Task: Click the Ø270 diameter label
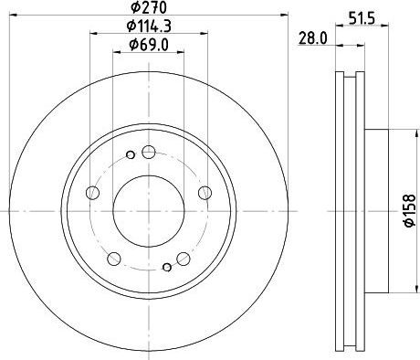click(149, 7)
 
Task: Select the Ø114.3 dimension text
click(149, 26)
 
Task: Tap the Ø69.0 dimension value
click(149, 45)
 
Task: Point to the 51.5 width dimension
click(362, 19)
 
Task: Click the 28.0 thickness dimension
click(313, 38)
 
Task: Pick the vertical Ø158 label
click(410, 210)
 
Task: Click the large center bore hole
click(149, 211)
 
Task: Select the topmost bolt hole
click(149, 152)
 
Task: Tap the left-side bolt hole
click(93, 193)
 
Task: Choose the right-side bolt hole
click(205, 193)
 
